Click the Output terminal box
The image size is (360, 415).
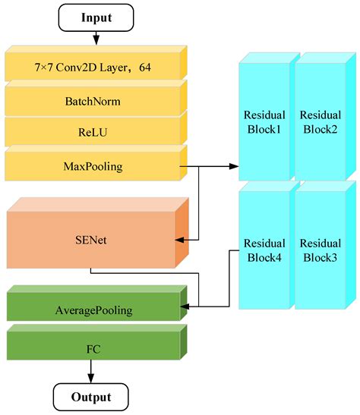91,397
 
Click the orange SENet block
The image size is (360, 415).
89,239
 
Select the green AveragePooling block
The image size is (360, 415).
93,310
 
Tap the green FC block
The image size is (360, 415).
93,349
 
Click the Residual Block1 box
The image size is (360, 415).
264,121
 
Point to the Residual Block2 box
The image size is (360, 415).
320,121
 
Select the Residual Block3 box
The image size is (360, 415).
320,250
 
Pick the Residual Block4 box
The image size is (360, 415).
264,250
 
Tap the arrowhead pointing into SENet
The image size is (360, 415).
180,240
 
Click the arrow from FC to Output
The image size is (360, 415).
92,371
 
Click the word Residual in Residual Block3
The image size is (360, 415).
320,244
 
